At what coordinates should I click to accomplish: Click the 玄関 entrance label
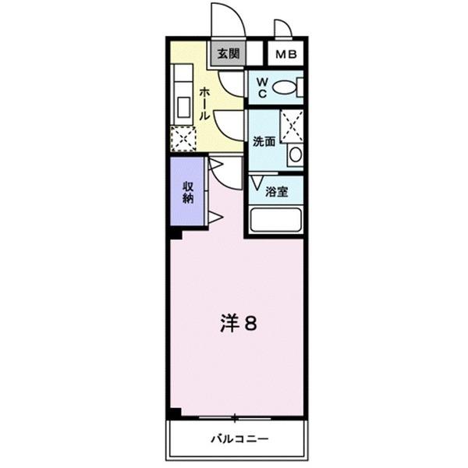click(x=227, y=55)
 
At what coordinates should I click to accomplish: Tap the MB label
click(x=285, y=55)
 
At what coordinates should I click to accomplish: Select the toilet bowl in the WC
click(x=289, y=87)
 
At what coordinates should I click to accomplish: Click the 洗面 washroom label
click(x=264, y=142)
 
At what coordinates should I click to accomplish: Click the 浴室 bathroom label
click(x=277, y=192)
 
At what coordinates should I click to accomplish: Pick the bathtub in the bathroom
click(x=275, y=220)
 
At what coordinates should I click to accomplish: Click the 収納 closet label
click(x=188, y=192)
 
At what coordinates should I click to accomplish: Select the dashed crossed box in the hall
click(x=183, y=138)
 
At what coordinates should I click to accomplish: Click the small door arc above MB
click(x=283, y=29)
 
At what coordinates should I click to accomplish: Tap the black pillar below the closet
click(x=175, y=232)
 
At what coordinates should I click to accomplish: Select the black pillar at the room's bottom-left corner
click(x=175, y=412)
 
